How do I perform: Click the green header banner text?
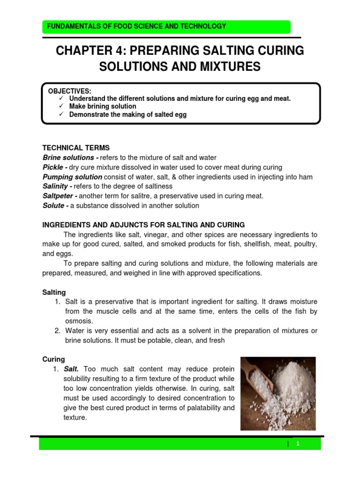tap(134, 27)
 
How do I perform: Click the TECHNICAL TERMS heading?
tap(76, 148)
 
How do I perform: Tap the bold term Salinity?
tap(56, 187)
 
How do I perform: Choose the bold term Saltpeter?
tap(60, 196)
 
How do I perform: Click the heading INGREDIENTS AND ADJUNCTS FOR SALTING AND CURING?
tap(143, 225)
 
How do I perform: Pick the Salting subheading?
tap(54, 292)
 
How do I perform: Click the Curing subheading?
tap(53, 359)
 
